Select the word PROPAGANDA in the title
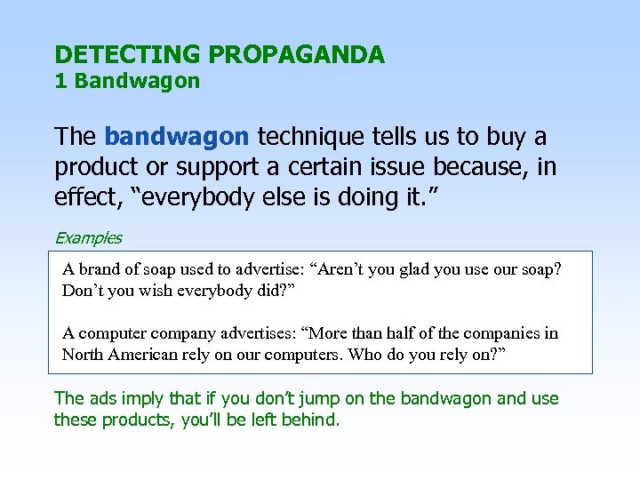tap(297, 55)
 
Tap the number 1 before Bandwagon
tap(60, 82)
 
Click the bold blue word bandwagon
tap(176, 137)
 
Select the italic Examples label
tap(88, 237)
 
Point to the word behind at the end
tap(311, 419)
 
